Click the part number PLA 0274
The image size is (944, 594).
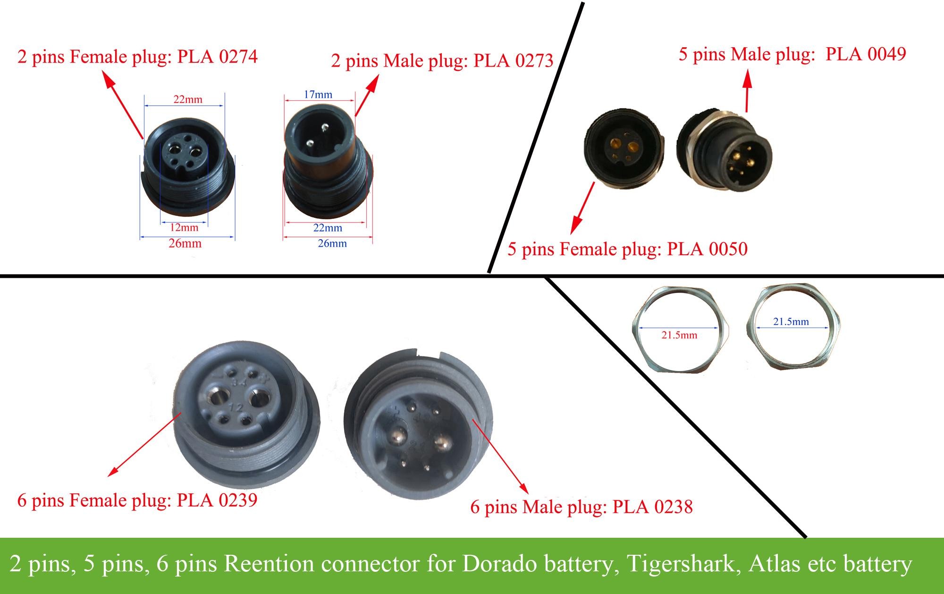[218, 57]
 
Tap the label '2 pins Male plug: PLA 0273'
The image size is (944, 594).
[442, 61]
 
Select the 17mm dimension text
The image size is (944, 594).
[318, 95]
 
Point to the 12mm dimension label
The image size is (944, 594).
[184, 228]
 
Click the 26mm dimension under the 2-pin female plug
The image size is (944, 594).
[185, 244]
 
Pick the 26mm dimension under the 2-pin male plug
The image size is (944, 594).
[332, 244]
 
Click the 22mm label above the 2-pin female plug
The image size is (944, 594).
[187, 100]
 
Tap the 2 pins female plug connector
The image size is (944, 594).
[187, 170]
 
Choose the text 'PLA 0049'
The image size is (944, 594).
[866, 54]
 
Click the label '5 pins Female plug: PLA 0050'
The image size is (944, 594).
[627, 249]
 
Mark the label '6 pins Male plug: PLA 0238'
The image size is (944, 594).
[582, 507]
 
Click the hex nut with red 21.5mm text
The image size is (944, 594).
[680, 327]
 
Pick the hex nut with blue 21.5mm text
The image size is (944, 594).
[793, 327]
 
